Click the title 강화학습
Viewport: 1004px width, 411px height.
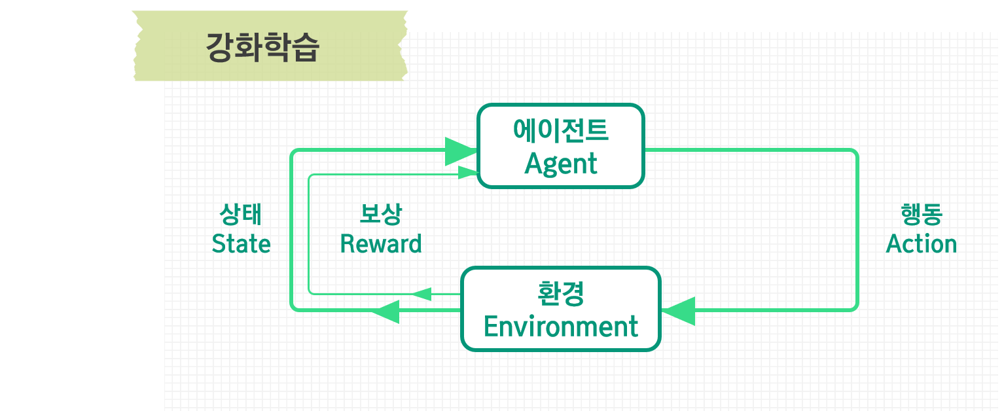(x=262, y=48)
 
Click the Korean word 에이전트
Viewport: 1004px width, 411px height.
(x=561, y=131)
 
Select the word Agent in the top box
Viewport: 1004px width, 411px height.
(x=561, y=164)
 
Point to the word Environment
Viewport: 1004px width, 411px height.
(x=561, y=326)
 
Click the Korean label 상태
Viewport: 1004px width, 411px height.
(x=241, y=214)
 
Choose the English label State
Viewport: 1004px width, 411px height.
(x=241, y=244)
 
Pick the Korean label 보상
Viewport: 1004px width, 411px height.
(x=381, y=214)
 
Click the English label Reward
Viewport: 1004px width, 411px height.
(x=381, y=244)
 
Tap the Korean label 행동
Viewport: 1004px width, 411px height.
(x=921, y=214)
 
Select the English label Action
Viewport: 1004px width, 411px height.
(x=921, y=244)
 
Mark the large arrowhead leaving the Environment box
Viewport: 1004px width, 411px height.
(x=386, y=310)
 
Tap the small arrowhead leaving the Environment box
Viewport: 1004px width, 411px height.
(x=421, y=294)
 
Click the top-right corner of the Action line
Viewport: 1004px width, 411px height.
(x=855, y=153)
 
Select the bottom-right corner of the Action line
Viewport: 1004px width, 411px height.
(x=855, y=308)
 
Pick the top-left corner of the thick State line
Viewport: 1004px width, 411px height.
(x=293, y=153)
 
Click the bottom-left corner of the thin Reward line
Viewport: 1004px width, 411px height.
(x=310, y=293)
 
